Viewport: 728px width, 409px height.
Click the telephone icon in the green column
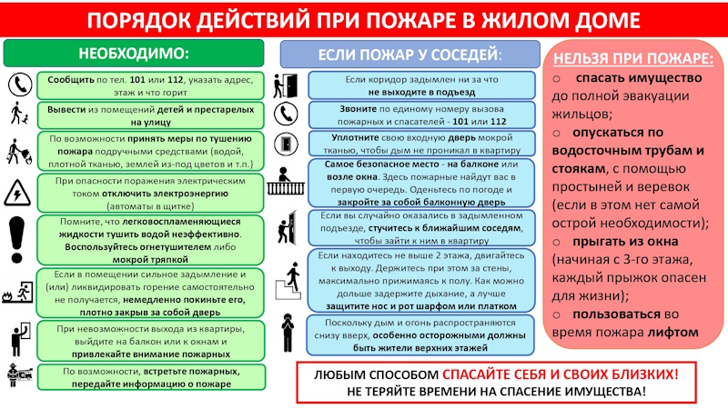(x=17, y=85)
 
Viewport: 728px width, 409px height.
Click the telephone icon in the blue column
(x=288, y=114)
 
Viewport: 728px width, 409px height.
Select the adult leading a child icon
(x=17, y=115)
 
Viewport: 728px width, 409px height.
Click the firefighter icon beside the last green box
(x=17, y=376)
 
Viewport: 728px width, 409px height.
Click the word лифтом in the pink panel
(x=674, y=332)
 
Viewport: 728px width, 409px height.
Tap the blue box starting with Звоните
(x=425, y=115)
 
